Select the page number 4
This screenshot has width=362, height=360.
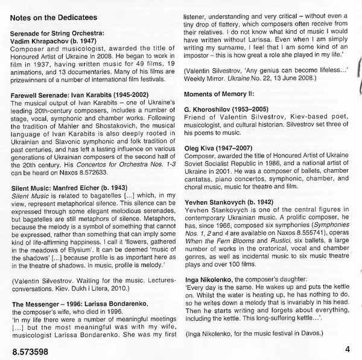tap(348, 349)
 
